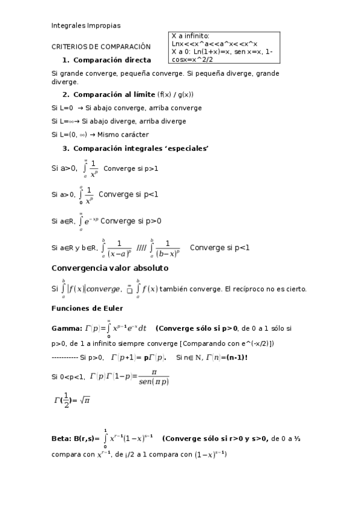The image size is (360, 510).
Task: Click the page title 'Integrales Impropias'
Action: [x=86, y=26]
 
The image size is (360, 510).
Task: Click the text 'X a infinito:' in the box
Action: [x=191, y=36]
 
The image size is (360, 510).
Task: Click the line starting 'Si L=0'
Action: [x=127, y=108]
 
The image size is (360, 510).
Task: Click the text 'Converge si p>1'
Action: [x=131, y=168]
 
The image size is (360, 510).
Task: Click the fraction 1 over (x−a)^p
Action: [x=119, y=248]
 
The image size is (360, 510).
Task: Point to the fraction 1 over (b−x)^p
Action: [x=168, y=248]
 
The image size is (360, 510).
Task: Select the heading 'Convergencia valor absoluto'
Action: [x=110, y=268]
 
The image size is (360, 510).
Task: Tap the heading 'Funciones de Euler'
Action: [x=87, y=308]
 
